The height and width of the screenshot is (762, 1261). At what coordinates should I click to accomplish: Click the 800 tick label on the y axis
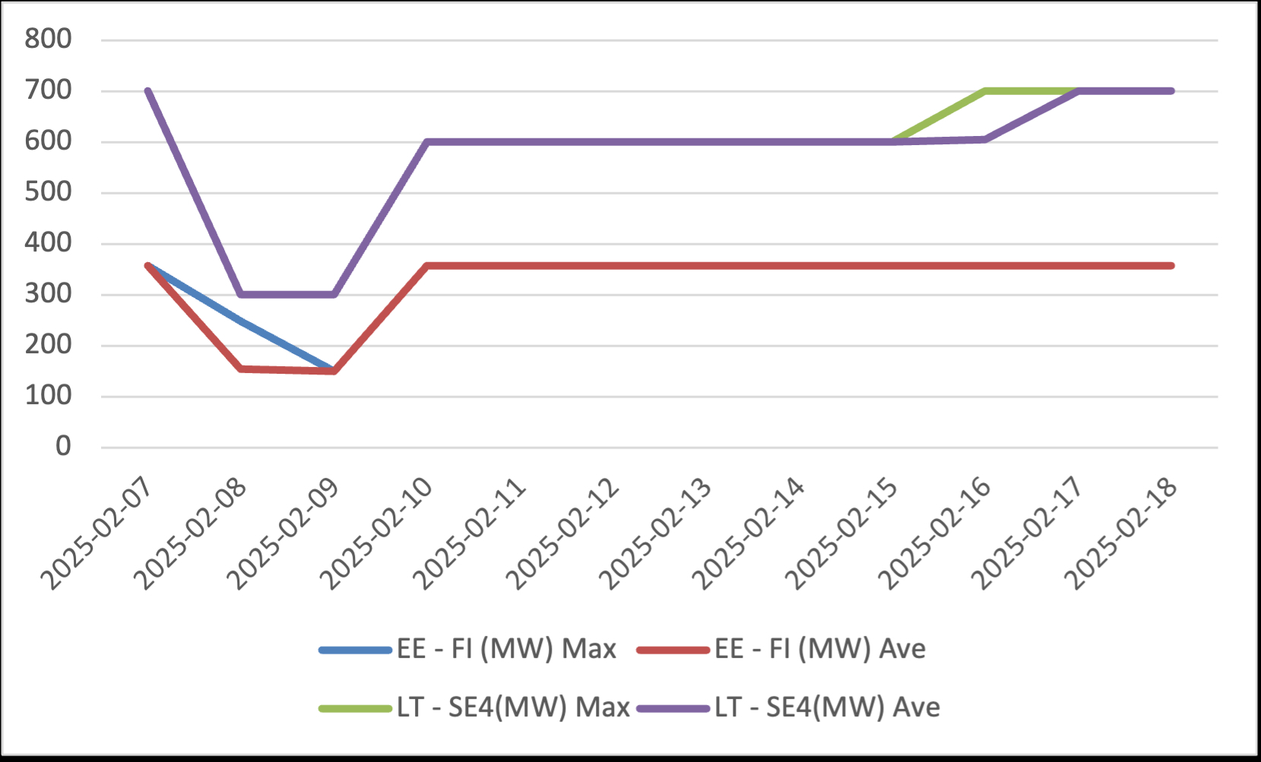(x=48, y=39)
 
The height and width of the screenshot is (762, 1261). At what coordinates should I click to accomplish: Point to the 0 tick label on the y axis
(x=63, y=447)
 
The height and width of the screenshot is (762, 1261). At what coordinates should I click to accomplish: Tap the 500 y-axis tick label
(x=48, y=191)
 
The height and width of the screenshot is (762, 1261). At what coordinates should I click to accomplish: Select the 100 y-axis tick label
(x=48, y=396)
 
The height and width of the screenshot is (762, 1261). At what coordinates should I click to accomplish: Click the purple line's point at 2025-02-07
(x=148, y=91)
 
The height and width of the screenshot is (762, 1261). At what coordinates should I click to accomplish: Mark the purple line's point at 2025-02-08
(x=241, y=295)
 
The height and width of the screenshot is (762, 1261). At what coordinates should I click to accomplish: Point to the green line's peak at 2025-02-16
(x=986, y=91)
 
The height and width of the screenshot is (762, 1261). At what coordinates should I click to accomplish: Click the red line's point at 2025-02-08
(x=241, y=368)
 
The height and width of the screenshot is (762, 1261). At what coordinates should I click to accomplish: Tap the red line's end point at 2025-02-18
(x=1171, y=266)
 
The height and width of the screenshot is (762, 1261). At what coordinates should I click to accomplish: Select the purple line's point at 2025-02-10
(x=427, y=142)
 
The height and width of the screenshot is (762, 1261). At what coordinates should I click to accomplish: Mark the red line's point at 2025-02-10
(x=427, y=266)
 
